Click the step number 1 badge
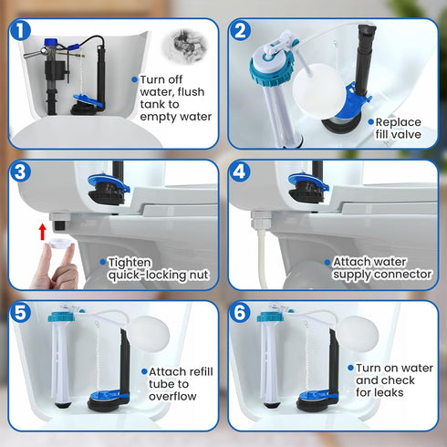17,31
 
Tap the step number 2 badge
241,31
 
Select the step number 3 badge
17,172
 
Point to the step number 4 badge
241,172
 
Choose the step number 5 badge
17,313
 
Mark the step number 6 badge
241,313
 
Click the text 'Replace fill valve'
400,128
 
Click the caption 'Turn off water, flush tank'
175,98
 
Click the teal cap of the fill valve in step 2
270,66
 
